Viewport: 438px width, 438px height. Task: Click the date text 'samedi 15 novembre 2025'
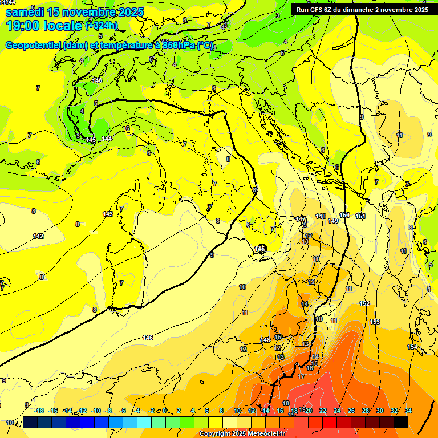click(74, 12)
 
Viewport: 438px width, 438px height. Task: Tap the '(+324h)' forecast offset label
click(102, 25)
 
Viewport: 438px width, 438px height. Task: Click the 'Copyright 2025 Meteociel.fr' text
click(242, 433)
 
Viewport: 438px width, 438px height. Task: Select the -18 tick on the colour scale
click(39, 411)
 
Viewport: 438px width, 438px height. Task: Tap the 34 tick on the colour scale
click(408, 411)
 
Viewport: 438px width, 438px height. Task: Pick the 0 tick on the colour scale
click(164, 411)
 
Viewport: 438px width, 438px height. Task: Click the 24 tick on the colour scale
click(337, 411)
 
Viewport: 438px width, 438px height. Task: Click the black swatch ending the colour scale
click(401, 422)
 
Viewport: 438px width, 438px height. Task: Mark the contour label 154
click(412, 347)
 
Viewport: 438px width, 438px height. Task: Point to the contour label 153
click(375, 322)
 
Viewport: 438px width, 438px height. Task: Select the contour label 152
click(365, 303)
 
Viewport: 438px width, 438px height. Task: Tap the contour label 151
click(360, 216)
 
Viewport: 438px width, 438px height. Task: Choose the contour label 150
click(344, 215)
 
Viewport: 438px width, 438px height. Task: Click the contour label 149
click(333, 221)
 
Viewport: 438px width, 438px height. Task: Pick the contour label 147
click(301, 219)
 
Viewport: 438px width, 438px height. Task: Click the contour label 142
click(38, 236)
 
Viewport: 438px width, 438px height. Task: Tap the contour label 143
click(108, 214)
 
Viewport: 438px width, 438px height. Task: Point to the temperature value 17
click(301, 376)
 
